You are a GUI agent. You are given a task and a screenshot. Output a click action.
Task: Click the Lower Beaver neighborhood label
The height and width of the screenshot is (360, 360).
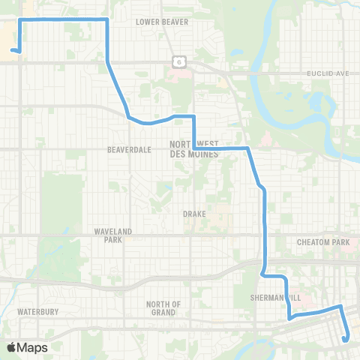point(162,22)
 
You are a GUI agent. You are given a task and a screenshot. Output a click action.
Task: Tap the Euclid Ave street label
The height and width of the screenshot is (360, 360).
point(328,73)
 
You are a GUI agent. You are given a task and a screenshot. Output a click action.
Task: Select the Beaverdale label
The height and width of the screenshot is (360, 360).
point(130,149)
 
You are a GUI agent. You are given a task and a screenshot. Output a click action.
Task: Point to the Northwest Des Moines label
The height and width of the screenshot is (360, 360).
point(193,148)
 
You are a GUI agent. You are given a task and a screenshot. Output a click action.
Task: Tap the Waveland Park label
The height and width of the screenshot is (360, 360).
point(112,235)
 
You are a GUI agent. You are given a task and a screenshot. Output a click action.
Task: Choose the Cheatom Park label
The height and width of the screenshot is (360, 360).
point(323,242)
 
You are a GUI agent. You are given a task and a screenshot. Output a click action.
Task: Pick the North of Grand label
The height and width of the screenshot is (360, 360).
point(163,307)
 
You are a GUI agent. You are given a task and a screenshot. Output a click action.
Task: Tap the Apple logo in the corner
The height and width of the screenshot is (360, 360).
point(11,347)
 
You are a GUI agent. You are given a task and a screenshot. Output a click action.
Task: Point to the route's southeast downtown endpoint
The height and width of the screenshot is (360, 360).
point(344,339)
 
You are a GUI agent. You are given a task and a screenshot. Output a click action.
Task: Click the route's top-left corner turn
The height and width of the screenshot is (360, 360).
point(19,19)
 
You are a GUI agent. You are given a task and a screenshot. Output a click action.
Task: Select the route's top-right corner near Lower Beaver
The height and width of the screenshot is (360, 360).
point(107,19)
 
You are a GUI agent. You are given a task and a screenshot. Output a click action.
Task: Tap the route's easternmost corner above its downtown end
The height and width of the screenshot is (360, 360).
point(340,306)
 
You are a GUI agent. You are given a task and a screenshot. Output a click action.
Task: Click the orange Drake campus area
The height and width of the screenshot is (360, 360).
point(217,217)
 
